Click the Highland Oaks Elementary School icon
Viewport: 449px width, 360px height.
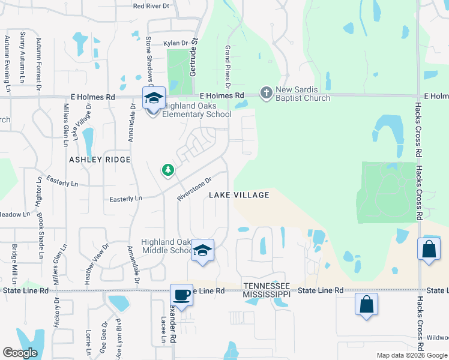click(154, 98)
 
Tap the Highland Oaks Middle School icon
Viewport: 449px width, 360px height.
click(203, 251)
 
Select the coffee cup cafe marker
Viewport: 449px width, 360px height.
click(181, 295)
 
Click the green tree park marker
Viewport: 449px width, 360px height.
click(168, 171)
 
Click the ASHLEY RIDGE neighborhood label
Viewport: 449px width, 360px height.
click(100, 160)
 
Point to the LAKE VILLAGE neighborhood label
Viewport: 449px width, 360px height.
click(239, 195)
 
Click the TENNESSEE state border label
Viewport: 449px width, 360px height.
click(267, 286)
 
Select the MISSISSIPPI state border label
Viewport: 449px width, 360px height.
click(267, 295)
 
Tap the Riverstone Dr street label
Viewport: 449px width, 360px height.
click(195, 188)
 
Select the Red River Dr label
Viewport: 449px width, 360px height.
click(152, 6)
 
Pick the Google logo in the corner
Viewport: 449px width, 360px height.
click(20, 353)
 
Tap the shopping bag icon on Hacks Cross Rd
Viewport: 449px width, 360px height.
click(430, 251)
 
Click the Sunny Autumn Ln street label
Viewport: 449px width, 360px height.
click(22, 57)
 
